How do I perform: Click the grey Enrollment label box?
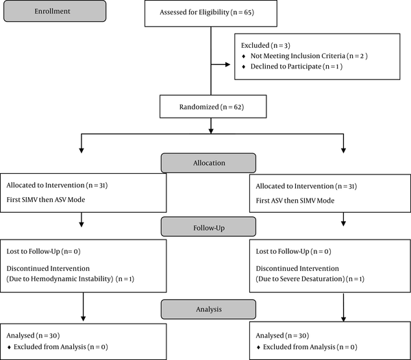point(55,11)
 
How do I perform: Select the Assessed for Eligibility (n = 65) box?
point(211,13)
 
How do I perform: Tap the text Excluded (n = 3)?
point(266,45)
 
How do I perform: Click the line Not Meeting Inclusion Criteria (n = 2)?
point(309,55)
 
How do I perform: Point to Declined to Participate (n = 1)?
point(297,66)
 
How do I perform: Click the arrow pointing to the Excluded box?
point(221,64)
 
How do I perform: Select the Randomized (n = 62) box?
point(213,107)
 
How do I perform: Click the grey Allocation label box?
point(209,163)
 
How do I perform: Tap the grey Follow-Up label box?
point(209,227)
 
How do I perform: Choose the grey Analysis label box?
point(209,309)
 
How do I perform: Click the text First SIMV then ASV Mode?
point(46,199)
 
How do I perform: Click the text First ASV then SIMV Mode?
point(295,201)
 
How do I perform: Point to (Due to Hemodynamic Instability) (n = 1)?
point(71,279)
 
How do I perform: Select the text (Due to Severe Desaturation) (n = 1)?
point(310,279)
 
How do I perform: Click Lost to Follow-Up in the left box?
point(34,251)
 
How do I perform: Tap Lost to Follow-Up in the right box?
point(282,251)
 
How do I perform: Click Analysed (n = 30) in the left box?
point(34,335)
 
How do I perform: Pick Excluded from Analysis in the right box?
point(299,347)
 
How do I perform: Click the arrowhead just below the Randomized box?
point(211,131)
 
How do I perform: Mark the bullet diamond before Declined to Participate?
point(244,67)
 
